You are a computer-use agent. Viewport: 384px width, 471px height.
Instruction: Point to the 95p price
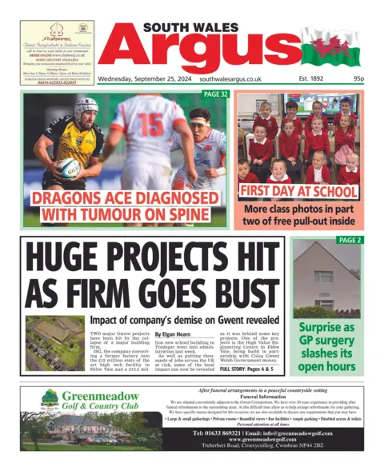[358, 79]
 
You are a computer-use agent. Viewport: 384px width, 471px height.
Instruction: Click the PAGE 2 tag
[350, 240]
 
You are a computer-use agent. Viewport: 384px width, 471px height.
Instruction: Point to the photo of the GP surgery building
[326, 281]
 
